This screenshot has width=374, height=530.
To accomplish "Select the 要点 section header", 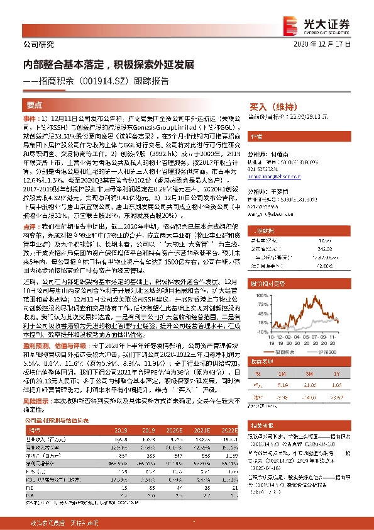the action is [34, 106].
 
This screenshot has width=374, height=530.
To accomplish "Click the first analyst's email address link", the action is [271, 178].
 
